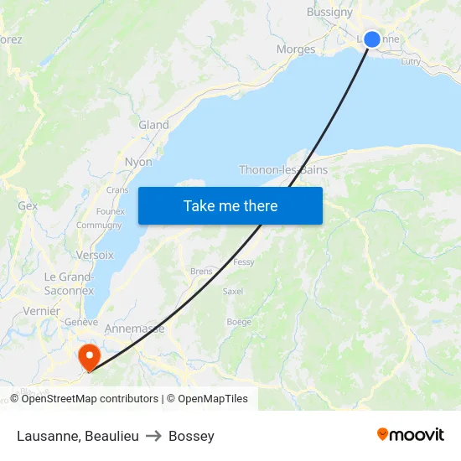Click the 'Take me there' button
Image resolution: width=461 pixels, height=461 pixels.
pos(230,205)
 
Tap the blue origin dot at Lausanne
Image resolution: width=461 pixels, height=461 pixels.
pos(372,39)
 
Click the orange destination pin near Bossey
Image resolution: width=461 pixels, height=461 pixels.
pos(88,358)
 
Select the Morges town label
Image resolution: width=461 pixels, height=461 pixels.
pos(296,49)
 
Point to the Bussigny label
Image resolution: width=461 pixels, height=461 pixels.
pos(329,12)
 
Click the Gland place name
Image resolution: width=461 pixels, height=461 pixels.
pos(153,125)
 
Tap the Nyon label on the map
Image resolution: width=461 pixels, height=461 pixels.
pos(138,162)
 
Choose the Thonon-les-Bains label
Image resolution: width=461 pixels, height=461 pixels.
pos(283,169)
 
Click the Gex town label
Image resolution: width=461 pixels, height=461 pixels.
pos(28,205)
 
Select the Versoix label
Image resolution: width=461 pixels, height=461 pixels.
pos(95,254)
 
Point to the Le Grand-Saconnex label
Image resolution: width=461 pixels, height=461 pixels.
pos(69,283)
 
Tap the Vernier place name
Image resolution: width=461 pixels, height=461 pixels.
pos(42,311)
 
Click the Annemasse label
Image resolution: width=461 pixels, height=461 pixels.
pos(134,329)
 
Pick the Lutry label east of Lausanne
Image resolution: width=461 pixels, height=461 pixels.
pos(411,61)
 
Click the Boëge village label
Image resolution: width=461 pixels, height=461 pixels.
pos(239,322)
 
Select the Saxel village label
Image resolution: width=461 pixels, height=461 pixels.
pos(233,292)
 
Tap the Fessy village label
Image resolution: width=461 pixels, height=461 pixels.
pos(244,262)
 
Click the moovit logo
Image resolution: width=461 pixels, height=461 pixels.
pos(411,434)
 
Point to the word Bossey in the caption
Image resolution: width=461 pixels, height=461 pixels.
pos(191,436)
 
